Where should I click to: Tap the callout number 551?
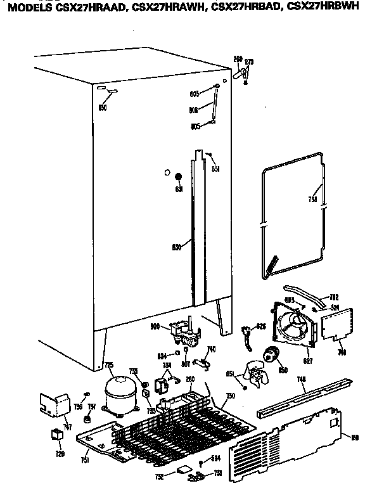click(x=215, y=169)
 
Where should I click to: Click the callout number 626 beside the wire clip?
click(x=260, y=327)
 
